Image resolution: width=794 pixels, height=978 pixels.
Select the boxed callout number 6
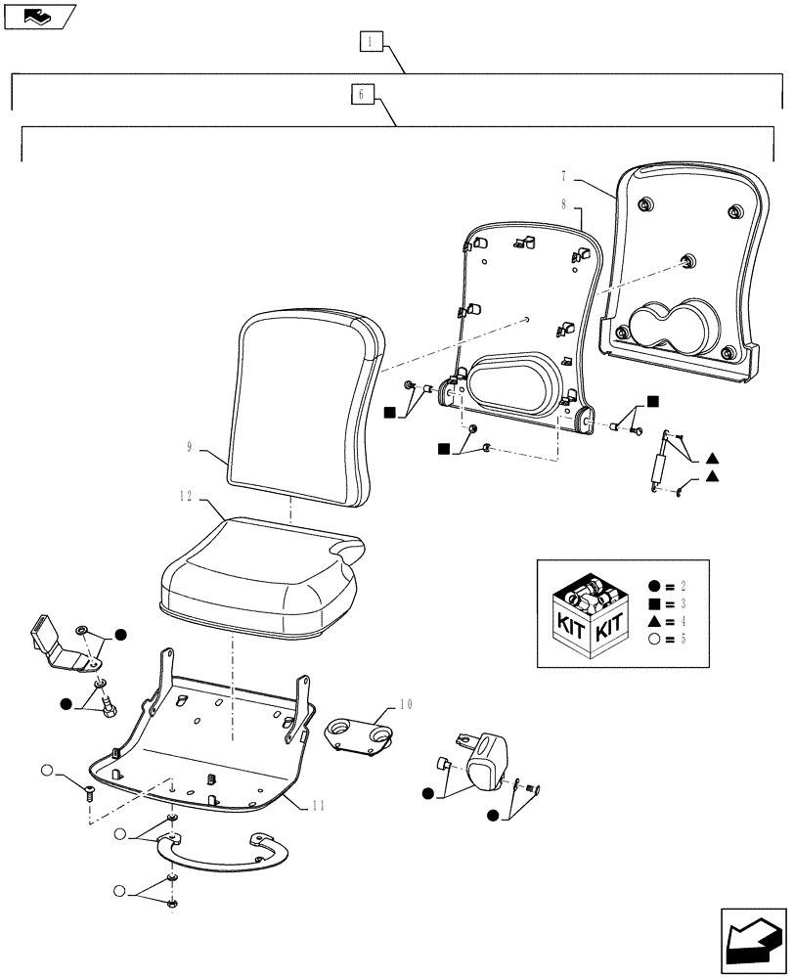[361, 95]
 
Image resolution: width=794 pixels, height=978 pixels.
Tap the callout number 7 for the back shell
[564, 178]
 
